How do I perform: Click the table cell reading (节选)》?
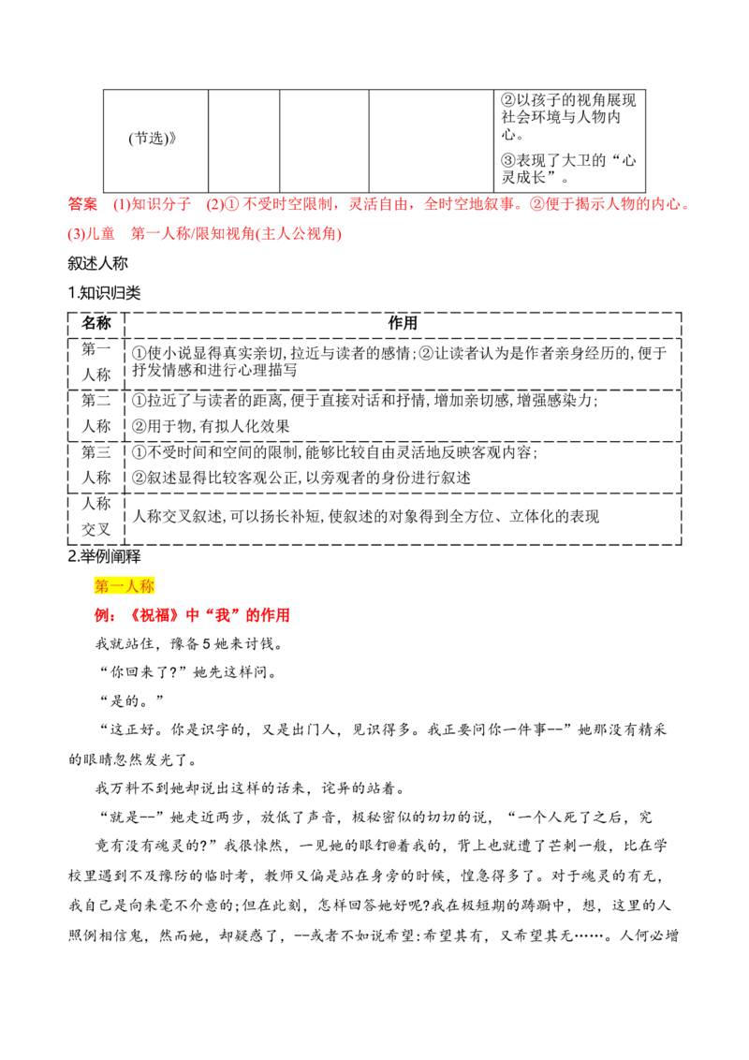pyautogui.click(x=152, y=139)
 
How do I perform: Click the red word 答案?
pyautogui.click(x=82, y=204)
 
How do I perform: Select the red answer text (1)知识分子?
pyautogui.click(x=152, y=204)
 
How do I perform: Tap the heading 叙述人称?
pyautogui.click(x=97, y=263)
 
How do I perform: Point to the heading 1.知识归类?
pyautogui.click(x=104, y=293)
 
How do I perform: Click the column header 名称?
pyautogui.click(x=96, y=323)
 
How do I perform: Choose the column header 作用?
pyautogui.click(x=403, y=323)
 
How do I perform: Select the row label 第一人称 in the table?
pyautogui.click(x=96, y=362)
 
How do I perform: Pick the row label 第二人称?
pyautogui.click(x=96, y=414)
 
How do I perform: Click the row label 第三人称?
pyautogui.click(x=96, y=465)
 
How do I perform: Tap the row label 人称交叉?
pyautogui.click(x=96, y=517)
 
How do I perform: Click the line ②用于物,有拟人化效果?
pyautogui.click(x=211, y=427)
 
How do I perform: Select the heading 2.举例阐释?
pyautogui.click(x=104, y=556)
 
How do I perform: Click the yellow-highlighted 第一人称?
pyautogui.click(x=125, y=586)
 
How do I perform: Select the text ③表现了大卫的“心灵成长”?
pyautogui.click(x=568, y=169)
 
